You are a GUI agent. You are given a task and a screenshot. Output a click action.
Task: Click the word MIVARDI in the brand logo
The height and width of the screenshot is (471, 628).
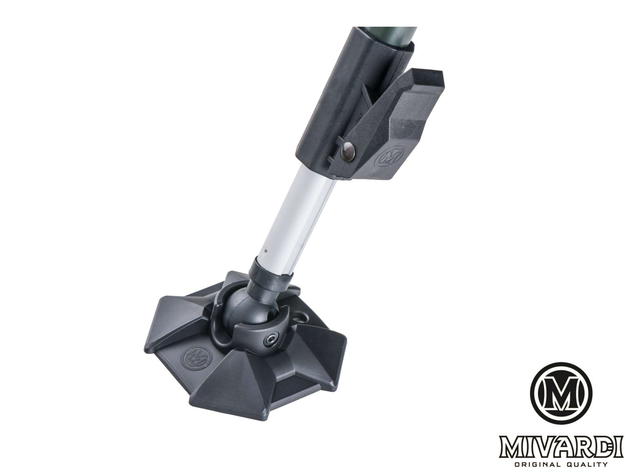560,445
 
